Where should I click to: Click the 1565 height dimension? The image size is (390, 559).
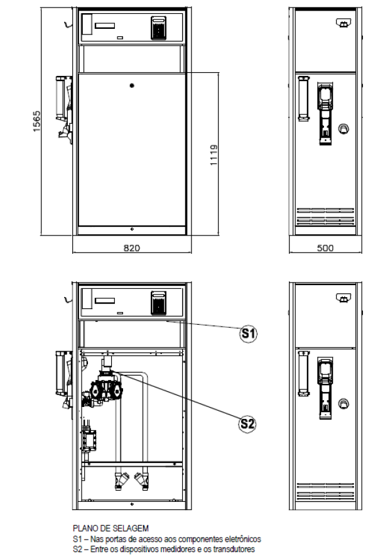pyautogui.click(x=36, y=121)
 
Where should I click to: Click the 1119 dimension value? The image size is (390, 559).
pyautogui.click(x=214, y=155)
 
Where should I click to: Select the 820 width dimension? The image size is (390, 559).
pyautogui.click(x=132, y=247)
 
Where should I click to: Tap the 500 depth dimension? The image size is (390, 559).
pyautogui.click(x=325, y=247)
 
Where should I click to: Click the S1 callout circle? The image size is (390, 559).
pyautogui.click(x=248, y=334)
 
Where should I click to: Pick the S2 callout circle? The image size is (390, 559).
pyautogui.click(x=247, y=424)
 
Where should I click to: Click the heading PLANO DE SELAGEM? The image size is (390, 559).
pyautogui.click(x=111, y=528)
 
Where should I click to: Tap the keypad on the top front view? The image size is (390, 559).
pyautogui.click(x=158, y=28)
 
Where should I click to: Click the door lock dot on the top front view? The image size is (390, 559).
pyautogui.click(x=132, y=85)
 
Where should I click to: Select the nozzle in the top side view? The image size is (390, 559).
pyautogui.click(x=325, y=113)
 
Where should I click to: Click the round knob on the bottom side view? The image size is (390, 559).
pyautogui.click(x=344, y=404)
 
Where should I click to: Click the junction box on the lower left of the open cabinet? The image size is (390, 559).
pyautogui.click(x=89, y=441)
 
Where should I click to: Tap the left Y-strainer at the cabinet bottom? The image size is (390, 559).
pyautogui.click(x=121, y=481)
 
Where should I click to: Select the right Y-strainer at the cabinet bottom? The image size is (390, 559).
pyautogui.click(x=141, y=481)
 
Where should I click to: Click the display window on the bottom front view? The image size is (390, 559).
pyautogui.click(x=105, y=300)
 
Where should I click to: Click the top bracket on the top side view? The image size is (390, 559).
pyautogui.click(x=343, y=23)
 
